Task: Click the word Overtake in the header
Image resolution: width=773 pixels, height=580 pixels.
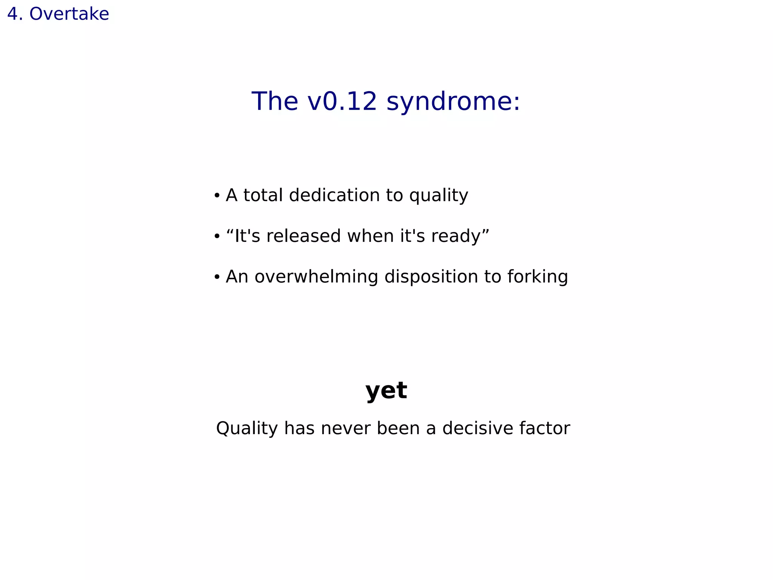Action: tap(69, 14)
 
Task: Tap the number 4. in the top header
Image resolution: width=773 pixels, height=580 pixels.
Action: tap(15, 14)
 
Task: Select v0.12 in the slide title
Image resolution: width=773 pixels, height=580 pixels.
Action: tap(342, 101)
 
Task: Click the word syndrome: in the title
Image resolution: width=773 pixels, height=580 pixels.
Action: tap(453, 102)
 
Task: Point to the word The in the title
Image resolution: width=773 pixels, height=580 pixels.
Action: tap(275, 101)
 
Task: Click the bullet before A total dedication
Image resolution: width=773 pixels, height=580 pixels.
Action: tap(217, 196)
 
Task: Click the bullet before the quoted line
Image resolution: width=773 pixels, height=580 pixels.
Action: tap(217, 237)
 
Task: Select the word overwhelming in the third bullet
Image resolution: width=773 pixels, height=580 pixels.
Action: tap(316, 277)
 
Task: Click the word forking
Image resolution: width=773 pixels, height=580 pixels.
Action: tap(537, 277)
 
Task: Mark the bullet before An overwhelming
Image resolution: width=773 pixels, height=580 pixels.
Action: tap(217, 277)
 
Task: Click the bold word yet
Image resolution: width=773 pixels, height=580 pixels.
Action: tap(386, 390)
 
